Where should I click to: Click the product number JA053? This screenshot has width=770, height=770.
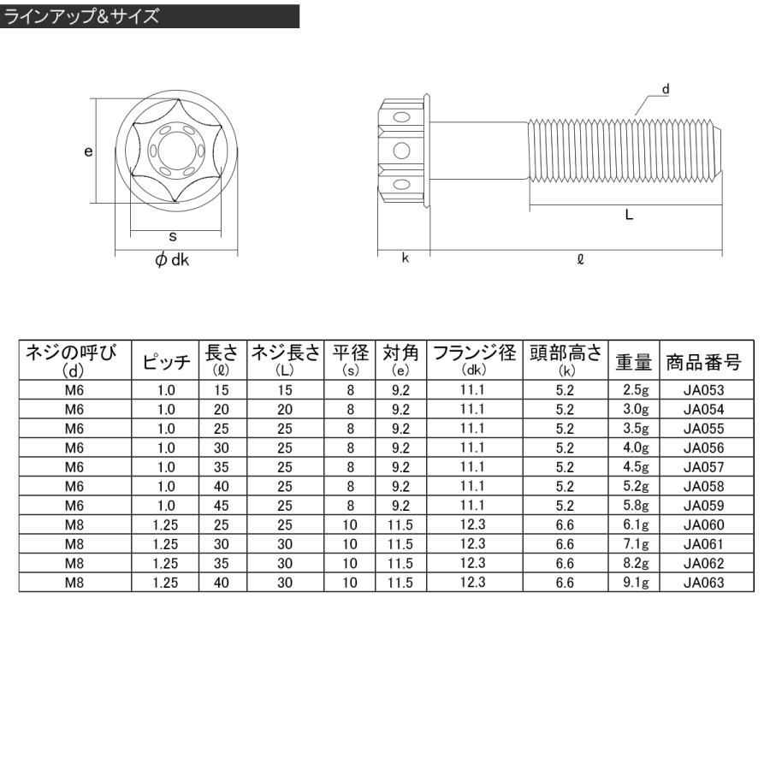coord(703,390)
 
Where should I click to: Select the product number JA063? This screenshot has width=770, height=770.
coord(703,582)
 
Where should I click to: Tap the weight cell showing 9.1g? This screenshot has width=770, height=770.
coord(635,582)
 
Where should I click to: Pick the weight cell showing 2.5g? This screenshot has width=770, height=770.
coord(635,390)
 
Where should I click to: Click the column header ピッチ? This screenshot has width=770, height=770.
coord(166,362)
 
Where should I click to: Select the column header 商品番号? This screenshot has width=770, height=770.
coord(703,362)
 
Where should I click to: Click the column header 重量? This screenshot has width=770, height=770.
coord(635,362)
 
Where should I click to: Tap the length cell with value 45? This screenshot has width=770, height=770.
coord(222,506)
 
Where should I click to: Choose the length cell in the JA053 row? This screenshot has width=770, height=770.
coord(222,390)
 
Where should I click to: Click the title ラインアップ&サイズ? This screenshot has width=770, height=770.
coord(82,17)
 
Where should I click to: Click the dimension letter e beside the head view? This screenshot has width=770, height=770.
coord(88,151)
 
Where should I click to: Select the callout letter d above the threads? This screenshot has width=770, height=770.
coord(666,89)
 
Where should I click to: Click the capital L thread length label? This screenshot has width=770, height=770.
coord(629,216)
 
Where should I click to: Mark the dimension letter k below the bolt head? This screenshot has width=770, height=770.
coord(405,258)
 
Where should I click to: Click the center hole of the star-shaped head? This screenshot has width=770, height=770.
coord(175,151)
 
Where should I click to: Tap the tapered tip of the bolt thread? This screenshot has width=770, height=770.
coord(719,151)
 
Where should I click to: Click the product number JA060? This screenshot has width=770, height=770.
coord(703,524)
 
